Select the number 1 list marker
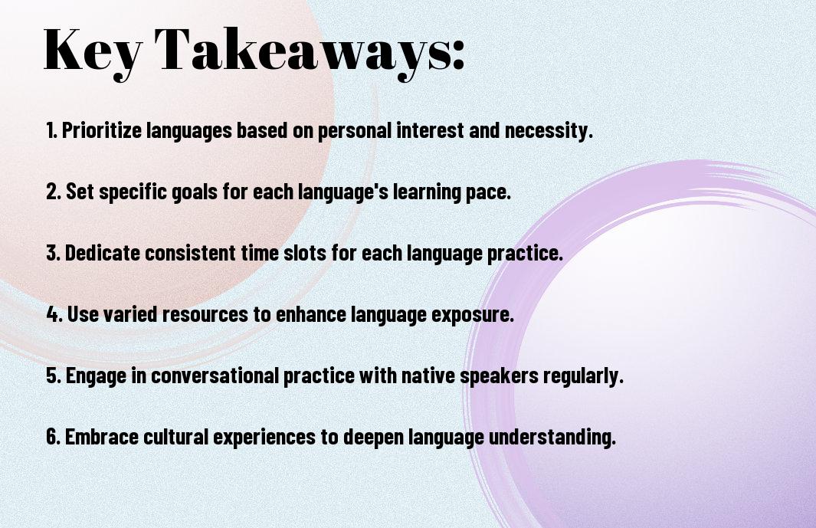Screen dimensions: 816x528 click(51, 130)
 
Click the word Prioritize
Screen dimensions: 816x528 click(101, 130)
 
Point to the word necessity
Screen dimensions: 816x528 click(549, 131)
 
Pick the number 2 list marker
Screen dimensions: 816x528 click(53, 192)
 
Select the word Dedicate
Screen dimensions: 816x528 click(102, 253)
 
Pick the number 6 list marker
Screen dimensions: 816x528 click(54, 436)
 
